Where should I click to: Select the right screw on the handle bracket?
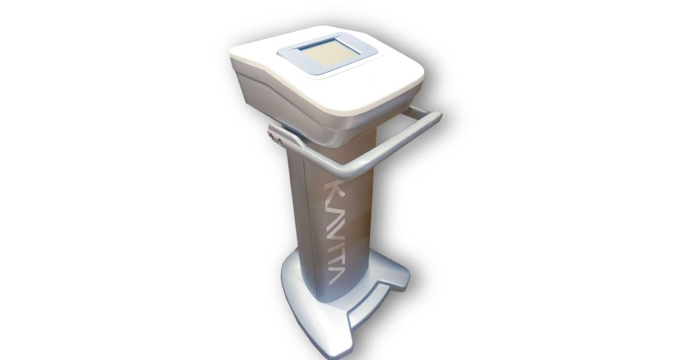coord(280,141)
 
